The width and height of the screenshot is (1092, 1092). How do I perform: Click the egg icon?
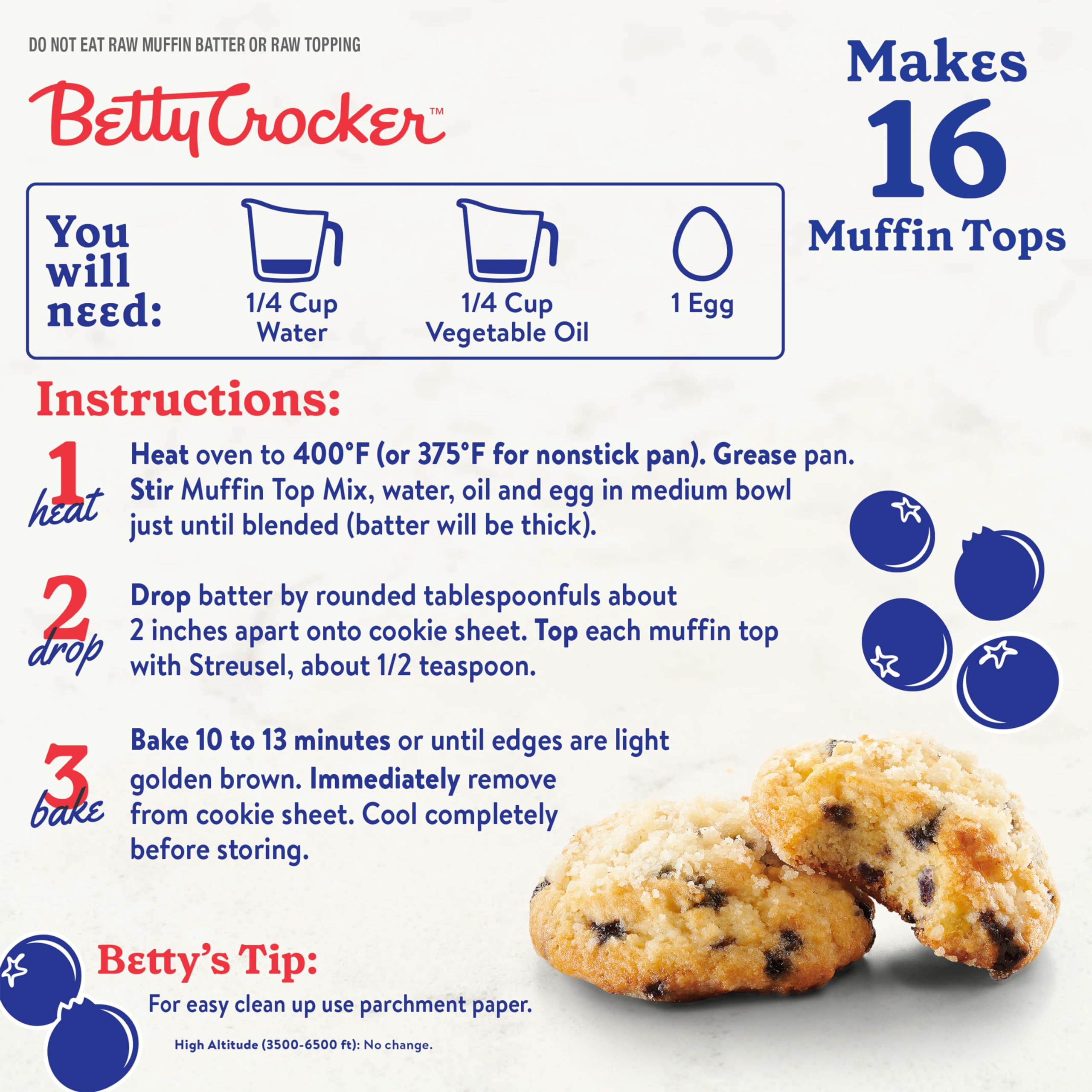[702, 243]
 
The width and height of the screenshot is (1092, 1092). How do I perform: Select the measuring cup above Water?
[292, 241]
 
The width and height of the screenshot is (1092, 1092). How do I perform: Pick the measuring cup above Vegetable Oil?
[507, 241]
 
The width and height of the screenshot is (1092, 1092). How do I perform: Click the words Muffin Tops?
[937, 236]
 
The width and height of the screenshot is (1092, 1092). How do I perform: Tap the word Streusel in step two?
[240, 666]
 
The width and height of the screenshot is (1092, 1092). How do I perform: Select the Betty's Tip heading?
[207, 960]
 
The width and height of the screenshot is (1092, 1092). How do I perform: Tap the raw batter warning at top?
[195, 45]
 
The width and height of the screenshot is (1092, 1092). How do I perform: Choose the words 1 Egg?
[702, 304]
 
